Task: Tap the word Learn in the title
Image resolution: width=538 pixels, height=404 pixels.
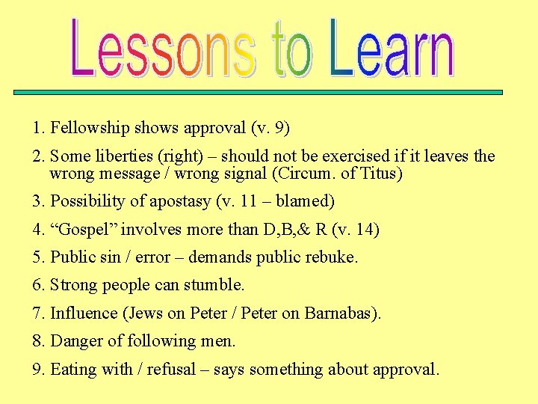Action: [392, 49]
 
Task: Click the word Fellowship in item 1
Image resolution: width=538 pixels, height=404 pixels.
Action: [85, 128]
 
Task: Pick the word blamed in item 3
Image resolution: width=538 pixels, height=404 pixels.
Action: [306, 201]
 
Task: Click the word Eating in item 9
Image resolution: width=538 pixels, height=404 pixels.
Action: [72, 370]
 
